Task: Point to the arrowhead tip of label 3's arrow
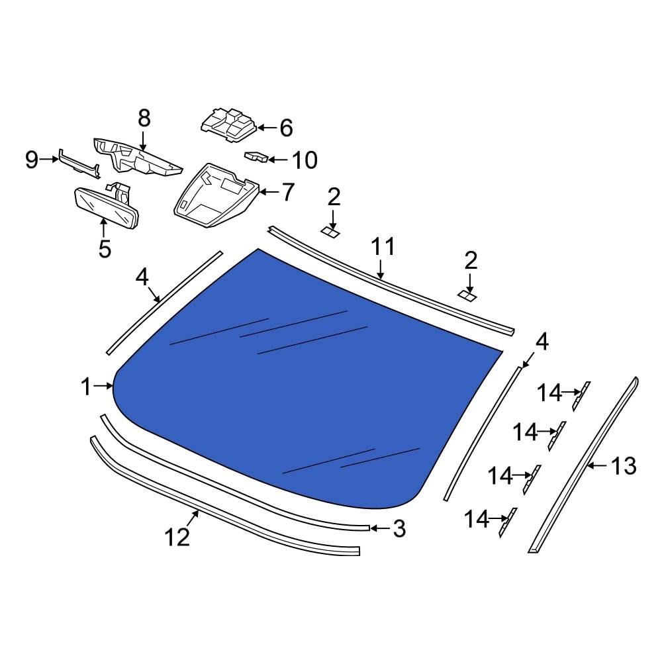(370, 528)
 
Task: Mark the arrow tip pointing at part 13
(587, 465)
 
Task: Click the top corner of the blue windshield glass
(258, 249)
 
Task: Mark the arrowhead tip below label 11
(381, 279)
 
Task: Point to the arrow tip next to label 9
(59, 159)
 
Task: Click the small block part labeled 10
(256, 157)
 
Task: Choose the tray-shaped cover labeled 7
(216, 196)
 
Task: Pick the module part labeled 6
(229, 125)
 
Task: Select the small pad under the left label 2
(330, 232)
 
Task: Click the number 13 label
(623, 466)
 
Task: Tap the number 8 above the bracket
(144, 118)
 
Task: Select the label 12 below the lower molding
(177, 538)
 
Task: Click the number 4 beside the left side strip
(143, 277)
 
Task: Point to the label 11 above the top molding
(383, 247)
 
